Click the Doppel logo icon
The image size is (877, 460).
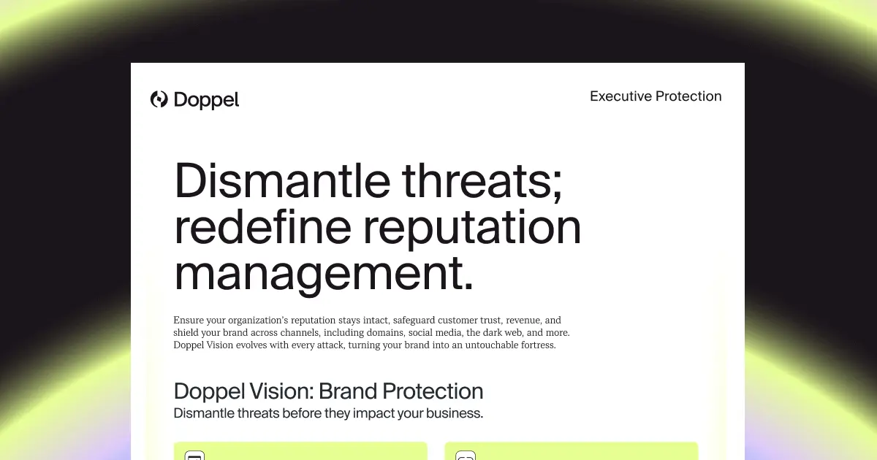coord(159,99)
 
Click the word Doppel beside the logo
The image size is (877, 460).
coord(207,100)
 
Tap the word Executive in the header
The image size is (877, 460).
coord(620,96)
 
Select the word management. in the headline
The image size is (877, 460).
coord(323,274)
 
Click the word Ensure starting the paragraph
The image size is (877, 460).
coord(189,321)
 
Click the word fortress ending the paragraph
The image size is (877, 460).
coord(535,345)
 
